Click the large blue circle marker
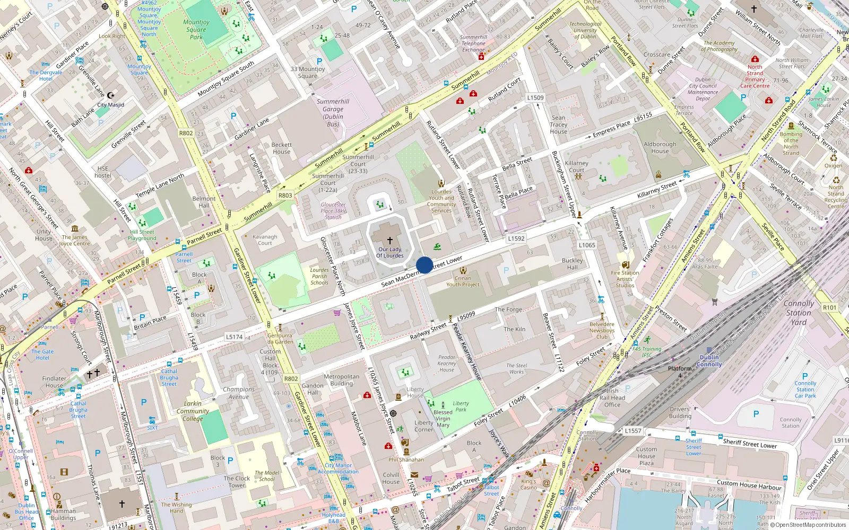tap(424, 265)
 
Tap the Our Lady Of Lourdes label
tap(390, 252)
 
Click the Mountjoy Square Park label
tap(196, 30)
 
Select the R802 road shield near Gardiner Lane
tap(186, 133)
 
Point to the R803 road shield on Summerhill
tap(285, 195)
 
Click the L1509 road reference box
tap(535, 98)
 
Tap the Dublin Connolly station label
tap(709, 361)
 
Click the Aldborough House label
tap(660, 147)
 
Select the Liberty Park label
tap(461, 407)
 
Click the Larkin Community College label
tap(193, 411)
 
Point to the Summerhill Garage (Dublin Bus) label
tap(333, 112)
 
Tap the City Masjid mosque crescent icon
tap(110, 95)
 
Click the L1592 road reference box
tap(516, 238)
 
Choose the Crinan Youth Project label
tap(463, 281)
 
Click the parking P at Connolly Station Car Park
tap(805, 376)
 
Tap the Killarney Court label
tap(576, 166)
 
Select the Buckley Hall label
tap(572, 264)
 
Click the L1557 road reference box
tap(633, 431)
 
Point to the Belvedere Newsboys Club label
tap(602, 330)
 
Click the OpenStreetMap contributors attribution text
tap(810, 525)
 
